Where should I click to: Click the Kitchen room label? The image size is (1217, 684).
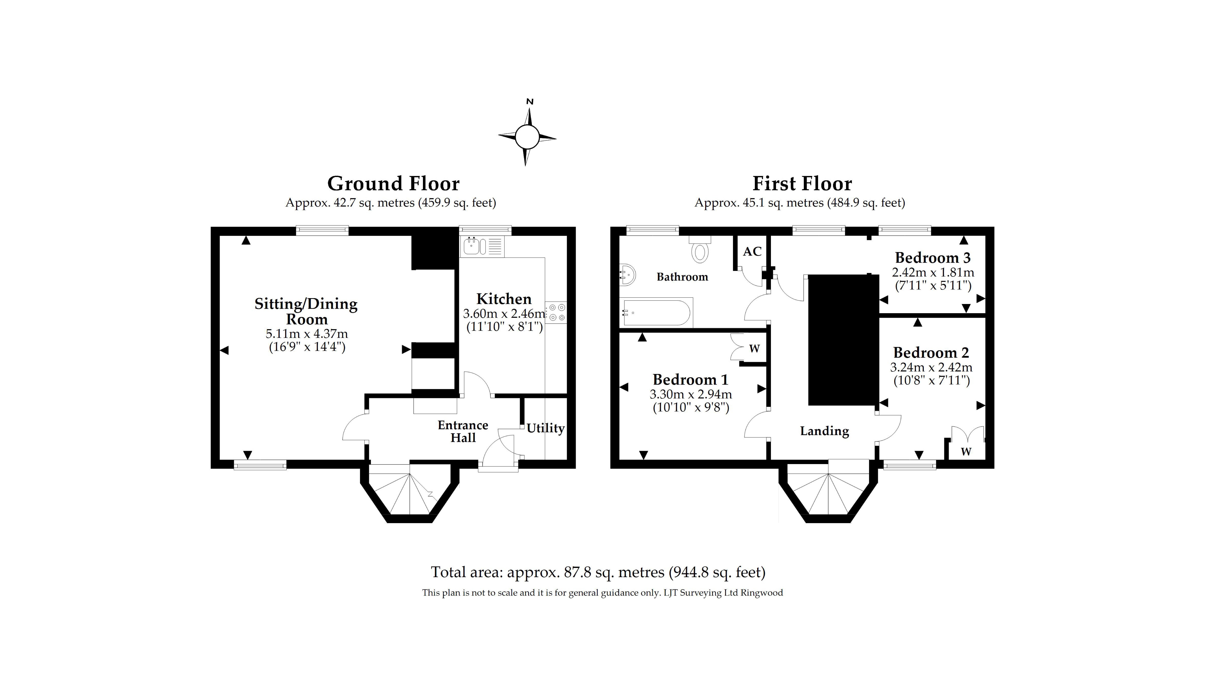[504, 299]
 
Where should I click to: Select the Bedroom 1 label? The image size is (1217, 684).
[690, 380]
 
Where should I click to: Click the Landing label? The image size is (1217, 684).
[824, 431]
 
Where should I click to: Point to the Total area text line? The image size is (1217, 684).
[598, 572]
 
